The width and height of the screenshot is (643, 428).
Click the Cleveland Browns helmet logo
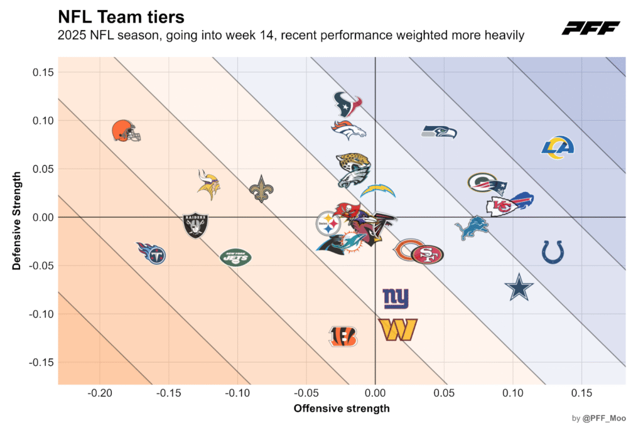click(x=126, y=131)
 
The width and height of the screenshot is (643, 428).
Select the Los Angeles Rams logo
click(x=558, y=147)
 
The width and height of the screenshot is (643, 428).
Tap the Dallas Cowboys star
click(x=519, y=287)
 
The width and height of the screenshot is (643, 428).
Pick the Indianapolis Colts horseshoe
click(x=553, y=252)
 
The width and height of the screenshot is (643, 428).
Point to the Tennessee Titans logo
click(x=152, y=253)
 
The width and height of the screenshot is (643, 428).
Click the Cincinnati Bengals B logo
click(x=343, y=336)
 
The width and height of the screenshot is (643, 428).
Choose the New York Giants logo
click(x=396, y=298)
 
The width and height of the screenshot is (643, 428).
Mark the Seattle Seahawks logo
click(x=438, y=132)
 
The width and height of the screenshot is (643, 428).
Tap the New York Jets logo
click(x=235, y=257)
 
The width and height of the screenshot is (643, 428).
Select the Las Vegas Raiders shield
click(x=196, y=225)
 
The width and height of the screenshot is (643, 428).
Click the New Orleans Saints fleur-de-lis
click(x=262, y=188)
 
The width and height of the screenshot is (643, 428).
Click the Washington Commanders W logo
click(x=397, y=329)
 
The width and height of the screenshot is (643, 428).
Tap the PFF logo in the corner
click(x=590, y=28)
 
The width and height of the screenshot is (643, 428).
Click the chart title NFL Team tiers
click(x=121, y=16)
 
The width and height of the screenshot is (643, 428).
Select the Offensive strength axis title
click(x=342, y=409)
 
